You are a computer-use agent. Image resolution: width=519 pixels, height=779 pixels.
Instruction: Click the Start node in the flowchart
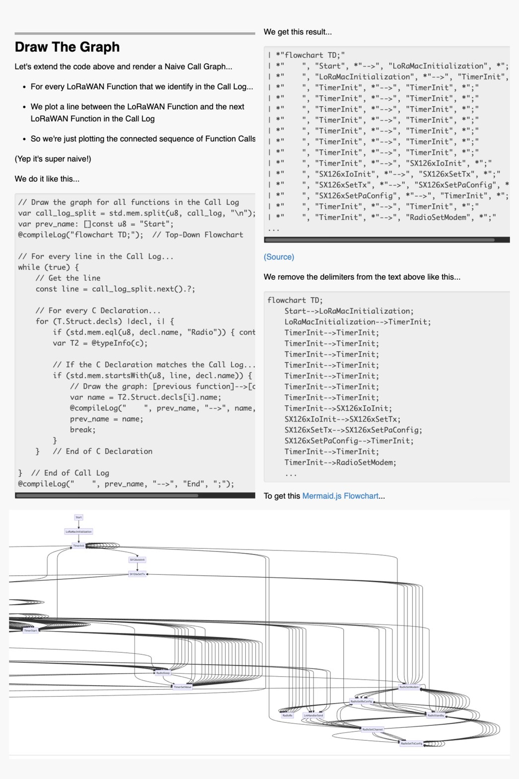point(78,517)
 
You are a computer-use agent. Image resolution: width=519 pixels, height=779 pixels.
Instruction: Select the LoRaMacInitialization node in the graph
point(78,532)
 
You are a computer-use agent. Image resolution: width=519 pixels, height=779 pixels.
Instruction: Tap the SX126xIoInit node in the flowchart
point(138,559)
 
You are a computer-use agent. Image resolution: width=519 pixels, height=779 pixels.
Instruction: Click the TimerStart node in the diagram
point(31,630)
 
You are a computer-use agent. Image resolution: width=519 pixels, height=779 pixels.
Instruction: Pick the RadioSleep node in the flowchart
point(163,673)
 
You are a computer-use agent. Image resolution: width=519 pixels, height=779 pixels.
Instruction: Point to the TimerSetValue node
point(182,687)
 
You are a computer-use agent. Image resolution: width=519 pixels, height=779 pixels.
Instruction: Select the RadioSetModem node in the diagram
point(409,687)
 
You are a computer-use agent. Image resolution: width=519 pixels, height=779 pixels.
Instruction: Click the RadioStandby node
point(436,715)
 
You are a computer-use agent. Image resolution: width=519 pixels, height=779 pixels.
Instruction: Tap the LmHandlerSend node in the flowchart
point(313,715)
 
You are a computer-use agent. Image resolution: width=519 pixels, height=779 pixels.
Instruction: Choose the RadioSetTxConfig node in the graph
point(412,744)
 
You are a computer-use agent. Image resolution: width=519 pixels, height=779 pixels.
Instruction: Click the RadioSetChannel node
point(372,729)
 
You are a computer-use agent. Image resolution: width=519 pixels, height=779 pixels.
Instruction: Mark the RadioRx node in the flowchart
point(288,715)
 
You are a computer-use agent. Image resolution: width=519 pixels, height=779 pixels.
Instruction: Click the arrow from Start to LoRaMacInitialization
point(78,524)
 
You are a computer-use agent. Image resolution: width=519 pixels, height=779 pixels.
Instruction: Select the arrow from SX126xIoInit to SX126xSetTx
point(138,567)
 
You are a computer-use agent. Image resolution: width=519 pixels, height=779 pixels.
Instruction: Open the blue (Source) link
point(279,257)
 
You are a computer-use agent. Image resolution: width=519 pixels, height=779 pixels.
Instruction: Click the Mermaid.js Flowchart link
point(340,496)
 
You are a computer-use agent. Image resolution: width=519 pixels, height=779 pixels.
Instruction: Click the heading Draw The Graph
point(67,47)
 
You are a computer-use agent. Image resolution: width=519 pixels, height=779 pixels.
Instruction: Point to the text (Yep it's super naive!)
point(53,159)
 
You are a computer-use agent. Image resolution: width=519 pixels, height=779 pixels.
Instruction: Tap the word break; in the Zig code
point(82,430)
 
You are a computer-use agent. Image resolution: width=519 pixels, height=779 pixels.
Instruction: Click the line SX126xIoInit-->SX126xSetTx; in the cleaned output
point(342,419)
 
